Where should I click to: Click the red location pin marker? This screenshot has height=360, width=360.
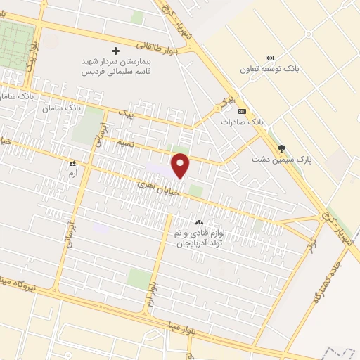181,165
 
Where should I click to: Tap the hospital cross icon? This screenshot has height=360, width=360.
116,51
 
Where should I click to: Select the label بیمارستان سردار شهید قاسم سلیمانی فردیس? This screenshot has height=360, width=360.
117,67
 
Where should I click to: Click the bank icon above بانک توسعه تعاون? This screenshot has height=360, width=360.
269,58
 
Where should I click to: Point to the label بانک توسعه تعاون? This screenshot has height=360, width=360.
269,69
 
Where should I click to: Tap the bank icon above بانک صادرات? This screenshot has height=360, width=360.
243,111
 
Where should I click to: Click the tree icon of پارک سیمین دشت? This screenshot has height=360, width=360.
283,148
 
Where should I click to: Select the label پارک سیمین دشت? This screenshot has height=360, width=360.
282,160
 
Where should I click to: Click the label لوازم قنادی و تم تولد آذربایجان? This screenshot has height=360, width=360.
198,237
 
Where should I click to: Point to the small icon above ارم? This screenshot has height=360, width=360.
72,162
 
